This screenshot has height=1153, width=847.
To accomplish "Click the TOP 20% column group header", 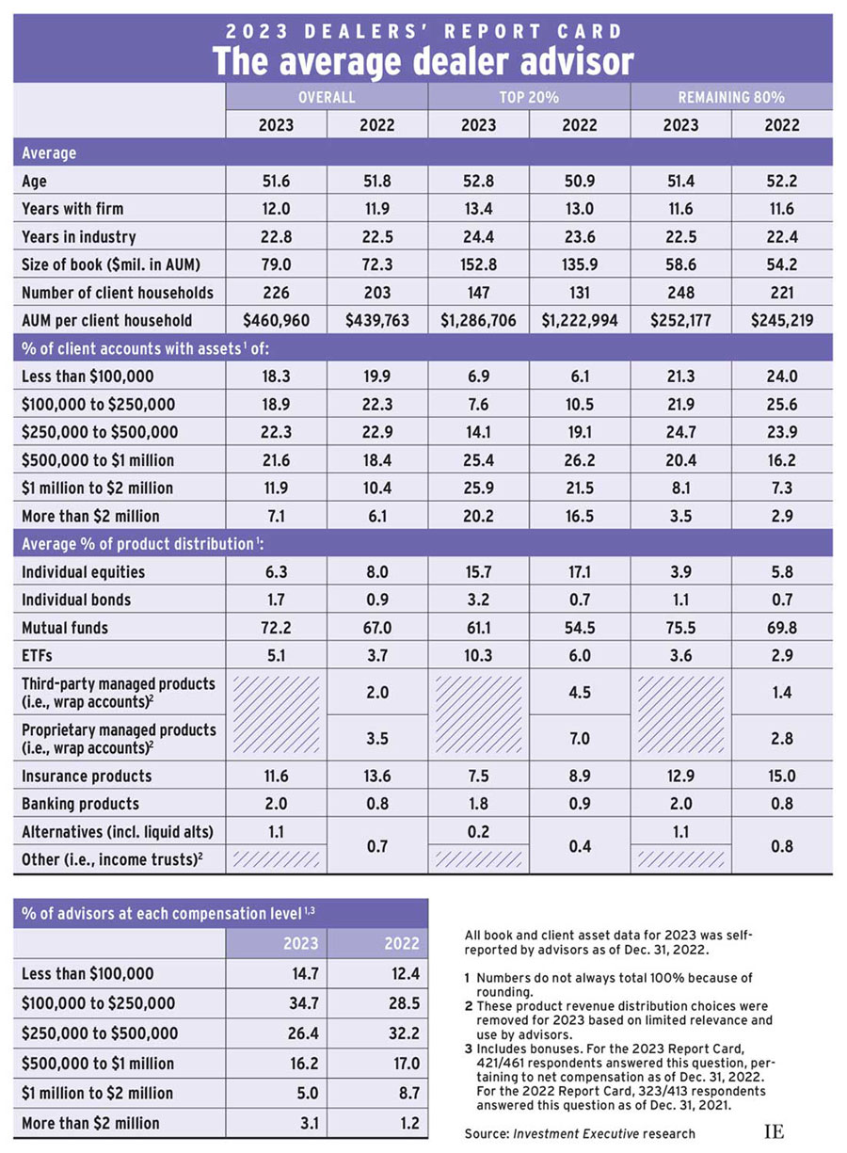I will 529,97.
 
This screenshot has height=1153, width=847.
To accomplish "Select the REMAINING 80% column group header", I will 731,97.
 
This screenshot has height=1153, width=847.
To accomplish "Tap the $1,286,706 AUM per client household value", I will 478,320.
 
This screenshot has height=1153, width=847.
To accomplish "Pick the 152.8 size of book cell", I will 478,264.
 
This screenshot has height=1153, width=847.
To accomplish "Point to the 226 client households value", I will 276,292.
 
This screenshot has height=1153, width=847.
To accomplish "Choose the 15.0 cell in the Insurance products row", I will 781,776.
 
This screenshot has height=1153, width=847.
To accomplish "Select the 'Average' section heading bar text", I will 49,152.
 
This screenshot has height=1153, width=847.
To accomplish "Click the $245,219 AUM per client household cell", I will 781,320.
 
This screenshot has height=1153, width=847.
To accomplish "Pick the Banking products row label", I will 79,804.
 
